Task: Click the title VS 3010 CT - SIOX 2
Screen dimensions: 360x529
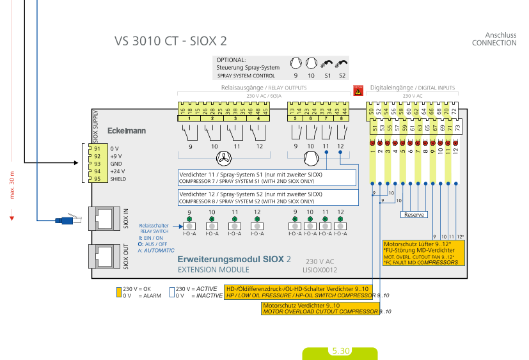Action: (x=170, y=41)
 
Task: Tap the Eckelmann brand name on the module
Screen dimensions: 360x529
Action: (x=126, y=131)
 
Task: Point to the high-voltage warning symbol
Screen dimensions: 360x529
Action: (x=358, y=91)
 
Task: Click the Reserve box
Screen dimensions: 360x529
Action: (x=414, y=215)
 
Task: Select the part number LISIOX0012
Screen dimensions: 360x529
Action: (x=319, y=271)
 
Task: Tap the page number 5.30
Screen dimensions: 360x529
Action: (x=340, y=351)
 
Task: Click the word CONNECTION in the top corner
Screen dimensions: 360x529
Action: (x=494, y=43)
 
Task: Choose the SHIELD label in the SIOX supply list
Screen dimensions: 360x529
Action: (x=118, y=179)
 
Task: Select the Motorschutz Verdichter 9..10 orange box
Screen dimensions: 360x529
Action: (x=320, y=309)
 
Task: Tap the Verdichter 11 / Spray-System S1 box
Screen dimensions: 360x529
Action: (x=267, y=178)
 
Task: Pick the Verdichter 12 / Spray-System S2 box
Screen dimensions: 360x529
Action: (x=267, y=197)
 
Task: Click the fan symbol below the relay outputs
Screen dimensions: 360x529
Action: (x=225, y=158)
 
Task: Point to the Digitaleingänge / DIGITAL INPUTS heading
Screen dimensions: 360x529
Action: (x=413, y=88)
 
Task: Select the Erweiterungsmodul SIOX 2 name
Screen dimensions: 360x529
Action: (x=233, y=260)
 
